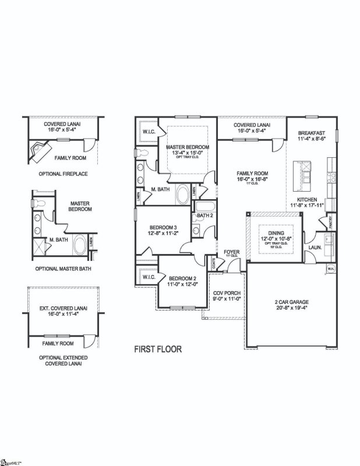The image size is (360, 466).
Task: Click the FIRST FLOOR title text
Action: coord(158,349)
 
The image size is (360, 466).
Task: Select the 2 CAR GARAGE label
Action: coord(292,302)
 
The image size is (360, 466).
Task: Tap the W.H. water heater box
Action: coord(330,269)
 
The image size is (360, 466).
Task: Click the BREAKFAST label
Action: coord(311,133)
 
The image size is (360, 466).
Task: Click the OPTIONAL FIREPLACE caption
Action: coord(62,174)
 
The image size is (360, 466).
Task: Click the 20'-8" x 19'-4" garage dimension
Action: coord(292,309)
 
